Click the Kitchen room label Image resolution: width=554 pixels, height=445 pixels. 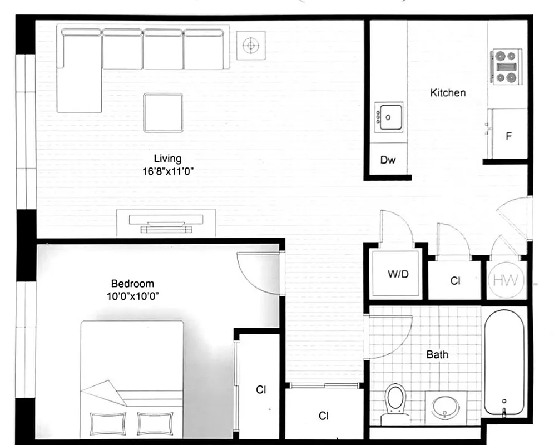click(448, 92)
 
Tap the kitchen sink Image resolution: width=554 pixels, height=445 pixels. click(389, 117)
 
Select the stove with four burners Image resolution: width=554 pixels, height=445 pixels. click(506, 66)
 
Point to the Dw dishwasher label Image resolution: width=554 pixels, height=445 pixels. click(388, 161)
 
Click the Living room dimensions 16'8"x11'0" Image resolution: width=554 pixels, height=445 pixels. click(167, 171)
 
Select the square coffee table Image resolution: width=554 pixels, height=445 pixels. click(163, 113)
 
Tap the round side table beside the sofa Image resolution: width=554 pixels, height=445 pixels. click(251, 44)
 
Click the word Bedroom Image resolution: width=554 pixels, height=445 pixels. click(132, 284)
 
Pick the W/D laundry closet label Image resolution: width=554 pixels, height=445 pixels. click(398, 274)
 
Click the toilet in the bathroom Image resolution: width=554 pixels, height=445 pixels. click(395, 400)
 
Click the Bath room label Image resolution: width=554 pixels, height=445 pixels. click(437, 354)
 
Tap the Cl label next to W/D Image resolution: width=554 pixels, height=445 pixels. click(455, 281)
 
